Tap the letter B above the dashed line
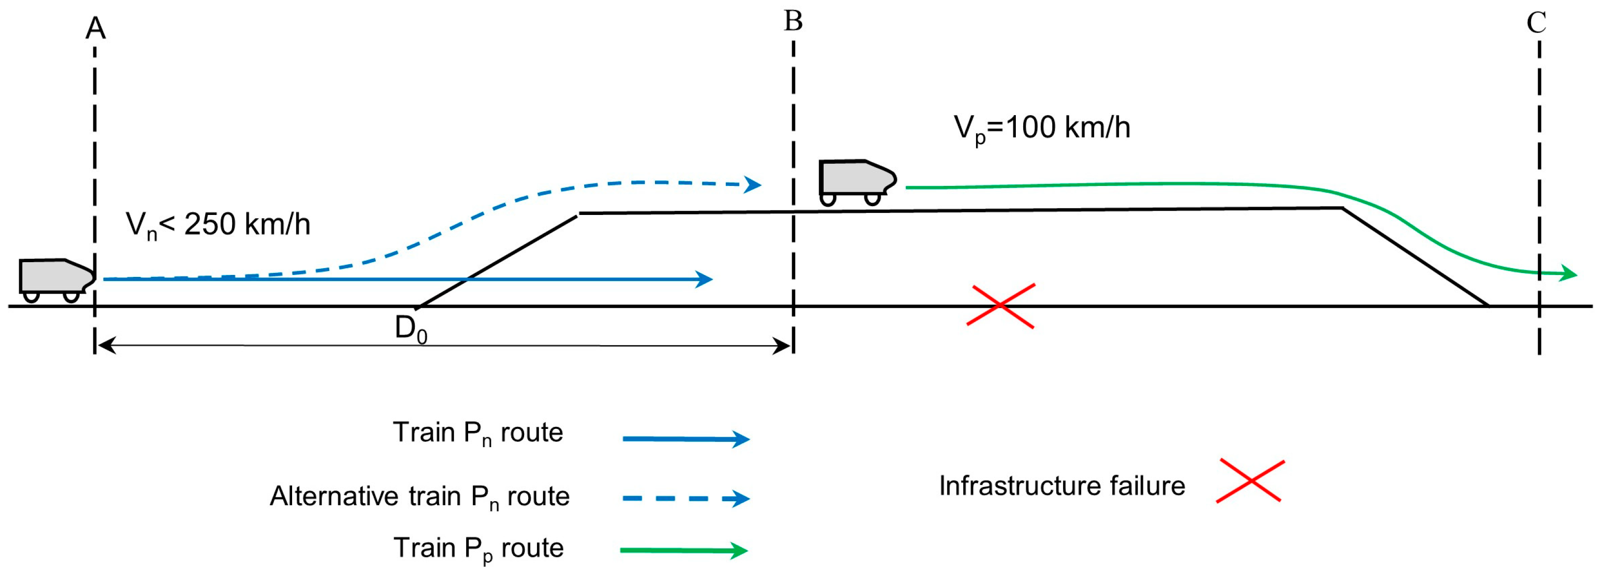coord(793,21)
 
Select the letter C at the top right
coord(1536,23)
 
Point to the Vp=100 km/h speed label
coord(1041,128)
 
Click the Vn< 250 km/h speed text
coord(218,225)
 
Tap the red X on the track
coord(1001,306)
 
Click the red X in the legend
coord(1250,480)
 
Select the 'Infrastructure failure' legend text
coord(1062,486)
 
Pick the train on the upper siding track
coord(858,182)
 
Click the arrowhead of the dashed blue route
coord(752,184)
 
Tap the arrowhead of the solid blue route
coord(704,279)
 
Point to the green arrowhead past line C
coord(1569,273)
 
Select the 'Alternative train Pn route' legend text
coord(420,497)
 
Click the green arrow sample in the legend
coord(684,550)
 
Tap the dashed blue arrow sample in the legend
coord(686,498)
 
